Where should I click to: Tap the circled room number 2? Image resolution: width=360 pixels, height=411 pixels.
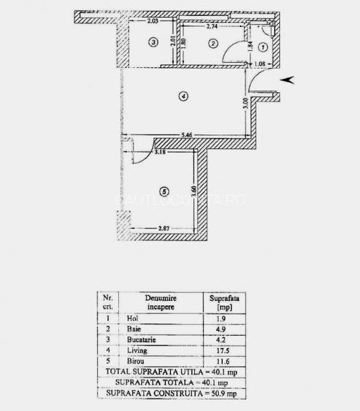[x=213, y=44]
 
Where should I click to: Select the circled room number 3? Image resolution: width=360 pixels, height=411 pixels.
[x=152, y=43]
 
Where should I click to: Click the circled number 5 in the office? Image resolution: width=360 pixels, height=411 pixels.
[x=164, y=191]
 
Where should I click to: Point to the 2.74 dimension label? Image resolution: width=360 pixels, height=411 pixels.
[x=213, y=26]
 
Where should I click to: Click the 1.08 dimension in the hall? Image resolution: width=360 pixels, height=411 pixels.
[x=260, y=65]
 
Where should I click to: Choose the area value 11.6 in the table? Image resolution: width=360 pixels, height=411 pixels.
[x=219, y=363]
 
